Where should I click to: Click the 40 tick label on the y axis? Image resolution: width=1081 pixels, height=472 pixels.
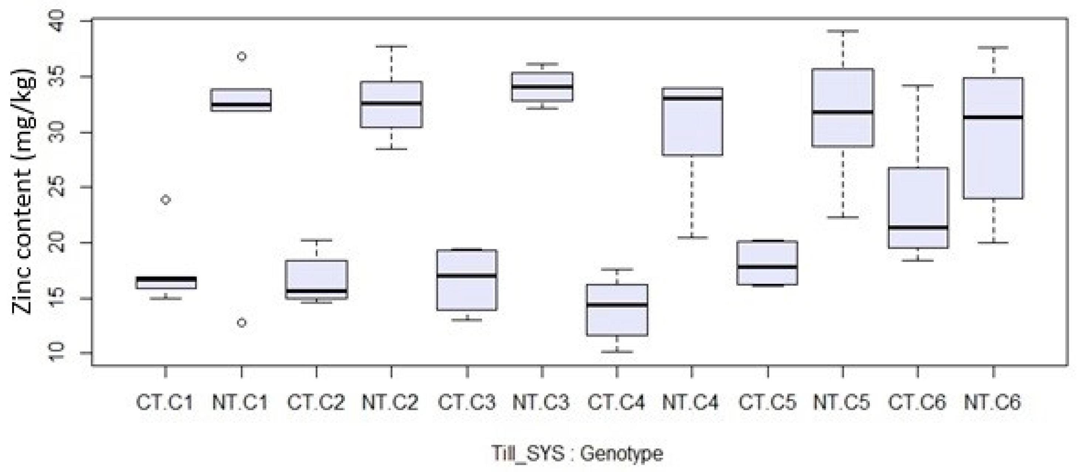(x=56, y=21)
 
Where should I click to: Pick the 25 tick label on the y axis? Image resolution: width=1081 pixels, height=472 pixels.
(x=56, y=187)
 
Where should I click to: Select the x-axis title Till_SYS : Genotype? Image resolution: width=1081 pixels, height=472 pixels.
(x=577, y=454)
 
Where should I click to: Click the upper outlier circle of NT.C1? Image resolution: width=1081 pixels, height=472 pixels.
(x=242, y=56)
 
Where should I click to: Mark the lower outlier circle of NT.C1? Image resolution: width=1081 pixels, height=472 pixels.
(x=242, y=322)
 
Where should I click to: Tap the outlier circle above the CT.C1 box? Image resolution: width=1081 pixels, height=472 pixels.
(x=166, y=200)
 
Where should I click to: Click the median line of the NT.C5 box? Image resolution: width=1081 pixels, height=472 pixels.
(x=843, y=112)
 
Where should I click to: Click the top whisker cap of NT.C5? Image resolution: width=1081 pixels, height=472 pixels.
(x=843, y=31)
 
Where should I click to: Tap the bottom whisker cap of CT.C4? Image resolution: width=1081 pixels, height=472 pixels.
(x=617, y=352)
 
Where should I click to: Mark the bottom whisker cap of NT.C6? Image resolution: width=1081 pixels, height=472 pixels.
(x=993, y=242)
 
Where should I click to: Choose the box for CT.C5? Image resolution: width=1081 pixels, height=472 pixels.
(x=767, y=263)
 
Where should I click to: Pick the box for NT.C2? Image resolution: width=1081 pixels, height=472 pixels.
(x=392, y=105)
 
